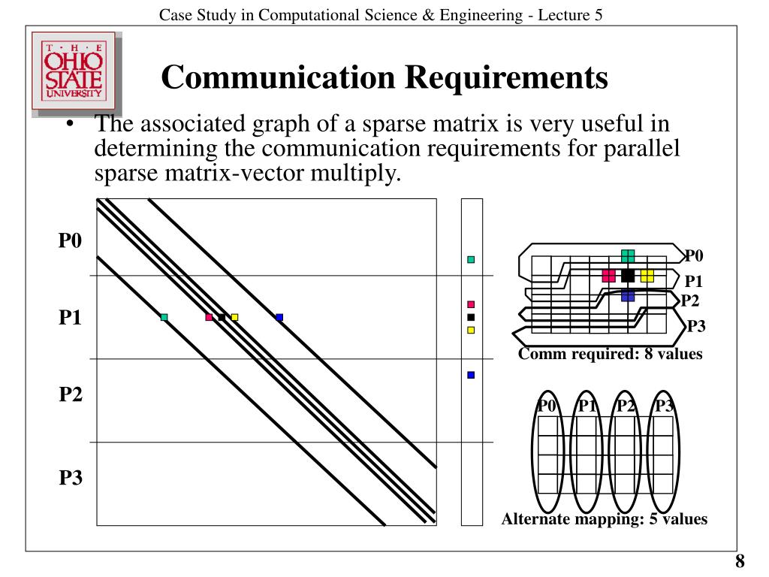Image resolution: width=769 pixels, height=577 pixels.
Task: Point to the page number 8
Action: click(740, 561)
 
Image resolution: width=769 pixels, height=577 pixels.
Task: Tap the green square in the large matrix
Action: click(164, 317)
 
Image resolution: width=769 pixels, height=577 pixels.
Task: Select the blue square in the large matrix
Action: click(279, 317)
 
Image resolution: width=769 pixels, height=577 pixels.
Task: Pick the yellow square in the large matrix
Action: click(234, 317)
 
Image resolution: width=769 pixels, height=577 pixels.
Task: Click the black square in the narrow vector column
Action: click(471, 317)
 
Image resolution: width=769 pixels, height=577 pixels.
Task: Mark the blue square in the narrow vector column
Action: click(471, 374)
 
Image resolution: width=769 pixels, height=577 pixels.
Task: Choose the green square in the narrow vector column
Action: click(471, 259)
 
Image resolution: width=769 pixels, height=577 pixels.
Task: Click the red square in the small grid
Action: click(609, 276)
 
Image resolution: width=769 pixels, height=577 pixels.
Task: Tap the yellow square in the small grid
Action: click(647, 276)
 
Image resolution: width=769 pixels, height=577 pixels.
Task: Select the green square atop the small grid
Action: click(628, 256)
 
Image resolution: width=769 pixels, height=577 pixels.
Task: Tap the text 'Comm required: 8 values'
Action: click(610, 354)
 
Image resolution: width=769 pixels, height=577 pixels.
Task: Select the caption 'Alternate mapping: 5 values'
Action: click(605, 518)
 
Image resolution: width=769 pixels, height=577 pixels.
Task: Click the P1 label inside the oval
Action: click(587, 406)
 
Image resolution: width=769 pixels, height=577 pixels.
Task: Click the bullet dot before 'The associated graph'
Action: click(69, 125)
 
